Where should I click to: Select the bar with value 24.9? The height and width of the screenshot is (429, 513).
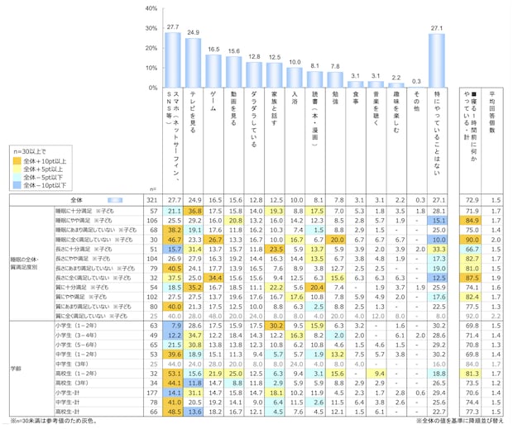194,63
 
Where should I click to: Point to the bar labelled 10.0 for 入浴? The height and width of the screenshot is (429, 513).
295,78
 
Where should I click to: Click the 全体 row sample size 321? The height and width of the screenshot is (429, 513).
152,200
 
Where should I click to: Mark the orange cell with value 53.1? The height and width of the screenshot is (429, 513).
173,374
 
